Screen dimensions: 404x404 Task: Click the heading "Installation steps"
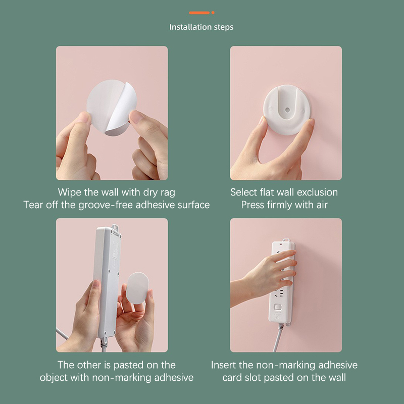[x=201, y=27]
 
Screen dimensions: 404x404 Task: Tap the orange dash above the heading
[x=199, y=13]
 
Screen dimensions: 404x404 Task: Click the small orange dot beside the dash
[x=213, y=13]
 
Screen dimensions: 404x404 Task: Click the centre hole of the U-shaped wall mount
[x=287, y=110]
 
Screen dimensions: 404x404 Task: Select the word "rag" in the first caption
[x=168, y=193]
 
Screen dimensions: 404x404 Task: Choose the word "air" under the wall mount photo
[x=322, y=205]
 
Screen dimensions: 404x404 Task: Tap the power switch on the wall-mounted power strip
[x=278, y=308]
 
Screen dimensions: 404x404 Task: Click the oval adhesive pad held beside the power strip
[x=137, y=287]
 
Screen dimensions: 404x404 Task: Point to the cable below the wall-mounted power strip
[x=278, y=337]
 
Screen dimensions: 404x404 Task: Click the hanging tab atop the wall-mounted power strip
[x=285, y=240]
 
